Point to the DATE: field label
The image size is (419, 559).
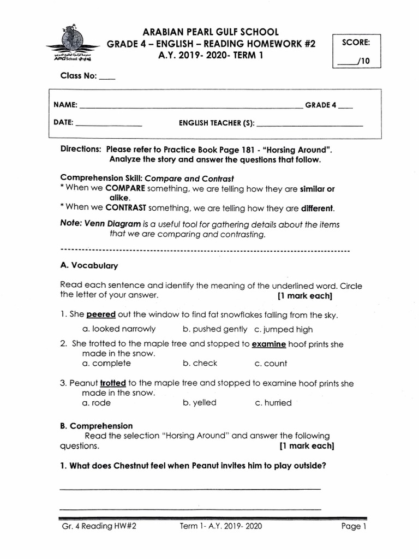(x=64, y=123)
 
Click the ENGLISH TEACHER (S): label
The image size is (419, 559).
(x=217, y=123)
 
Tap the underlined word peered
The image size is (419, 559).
(x=101, y=314)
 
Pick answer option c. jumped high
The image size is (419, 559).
(x=283, y=329)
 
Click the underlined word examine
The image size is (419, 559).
(x=268, y=344)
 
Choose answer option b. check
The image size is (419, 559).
(x=200, y=363)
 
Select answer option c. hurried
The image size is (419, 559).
(x=273, y=402)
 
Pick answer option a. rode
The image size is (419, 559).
(x=96, y=402)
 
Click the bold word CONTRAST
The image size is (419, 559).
(x=124, y=208)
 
